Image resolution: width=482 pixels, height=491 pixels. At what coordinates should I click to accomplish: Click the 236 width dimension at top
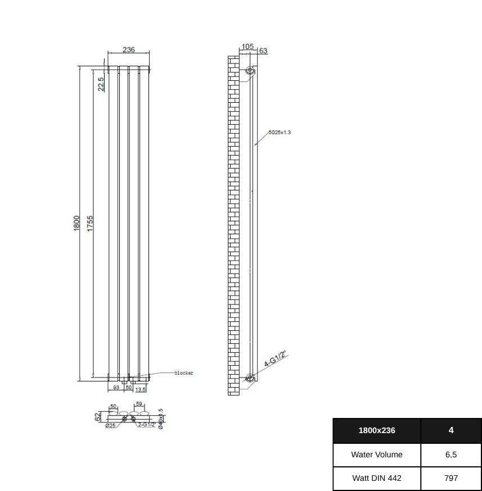[129, 49]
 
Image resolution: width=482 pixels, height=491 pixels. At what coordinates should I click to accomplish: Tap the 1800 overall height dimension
[76, 223]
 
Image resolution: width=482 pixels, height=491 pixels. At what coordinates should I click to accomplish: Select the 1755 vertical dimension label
[90, 223]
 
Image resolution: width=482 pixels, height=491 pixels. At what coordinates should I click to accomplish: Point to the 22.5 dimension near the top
[101, 84]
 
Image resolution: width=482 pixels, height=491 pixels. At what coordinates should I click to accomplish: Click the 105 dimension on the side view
[247, 47]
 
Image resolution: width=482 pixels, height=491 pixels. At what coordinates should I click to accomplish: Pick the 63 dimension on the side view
[263, 51]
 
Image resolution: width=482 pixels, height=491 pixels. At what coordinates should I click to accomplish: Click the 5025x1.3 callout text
[280, 133]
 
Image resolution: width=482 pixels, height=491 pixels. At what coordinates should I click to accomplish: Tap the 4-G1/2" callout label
[276, 359]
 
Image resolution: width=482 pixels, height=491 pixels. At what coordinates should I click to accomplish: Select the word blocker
[183, 373]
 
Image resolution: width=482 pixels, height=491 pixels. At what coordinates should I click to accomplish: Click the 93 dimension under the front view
[116, 388]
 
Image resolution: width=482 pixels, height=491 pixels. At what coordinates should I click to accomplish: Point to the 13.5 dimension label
[140, 389]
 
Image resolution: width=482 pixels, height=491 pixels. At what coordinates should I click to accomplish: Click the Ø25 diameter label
[110, 426]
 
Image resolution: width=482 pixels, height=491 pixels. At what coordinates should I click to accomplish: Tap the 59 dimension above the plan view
[139, 404]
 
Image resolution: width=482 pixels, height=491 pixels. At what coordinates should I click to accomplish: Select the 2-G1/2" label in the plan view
[147, 425]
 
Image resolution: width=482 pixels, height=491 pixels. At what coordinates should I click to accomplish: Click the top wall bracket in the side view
[250, 71]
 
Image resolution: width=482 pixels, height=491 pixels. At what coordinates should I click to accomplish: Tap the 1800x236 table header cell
[376, 430]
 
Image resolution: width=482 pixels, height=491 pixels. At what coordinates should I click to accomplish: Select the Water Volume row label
[376, 454]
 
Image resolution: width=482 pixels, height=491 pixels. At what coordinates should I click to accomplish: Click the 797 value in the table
[451, 478]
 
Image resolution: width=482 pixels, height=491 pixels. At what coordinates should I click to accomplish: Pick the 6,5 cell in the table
[451, 454]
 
